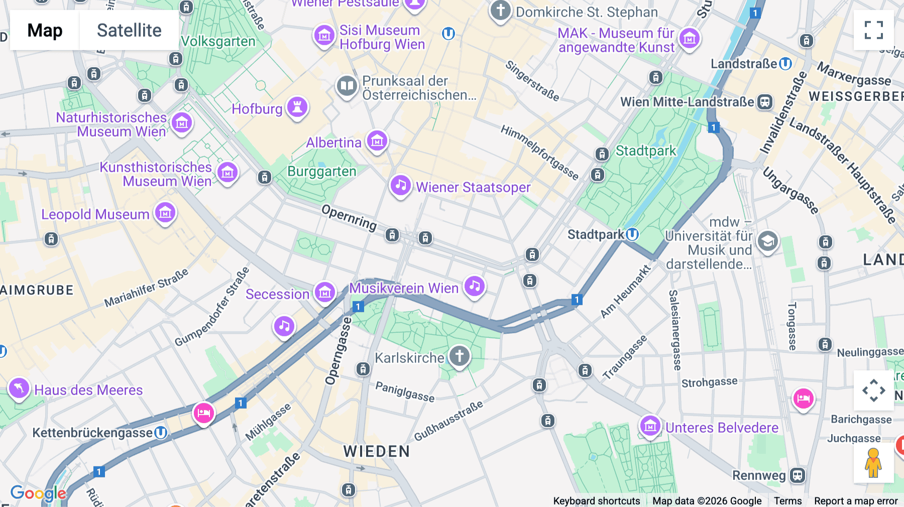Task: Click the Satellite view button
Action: click(129, 30)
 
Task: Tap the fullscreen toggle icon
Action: click(873, 30)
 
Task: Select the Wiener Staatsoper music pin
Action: click(400, 186)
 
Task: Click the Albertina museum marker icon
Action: click(377, 141)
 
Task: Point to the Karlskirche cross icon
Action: click(459, 356)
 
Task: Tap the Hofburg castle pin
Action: click(297, 107)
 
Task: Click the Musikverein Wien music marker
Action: click(475, 287)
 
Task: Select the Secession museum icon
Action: click(325, 292)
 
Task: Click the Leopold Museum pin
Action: click(165, 213)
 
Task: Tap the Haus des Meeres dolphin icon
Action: click(19, 388)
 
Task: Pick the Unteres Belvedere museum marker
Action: click(650, 426)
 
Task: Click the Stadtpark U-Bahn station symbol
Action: click(632, 234)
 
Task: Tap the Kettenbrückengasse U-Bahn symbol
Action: click(161, 432)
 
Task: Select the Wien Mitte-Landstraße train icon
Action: click(764, 102)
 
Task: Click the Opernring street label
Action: click(349, 217)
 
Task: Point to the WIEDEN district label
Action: click(377, 451)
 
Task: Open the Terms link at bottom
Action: click(787, 500)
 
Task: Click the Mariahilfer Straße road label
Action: click(146, 288)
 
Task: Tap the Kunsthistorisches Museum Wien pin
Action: click(228, 173)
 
